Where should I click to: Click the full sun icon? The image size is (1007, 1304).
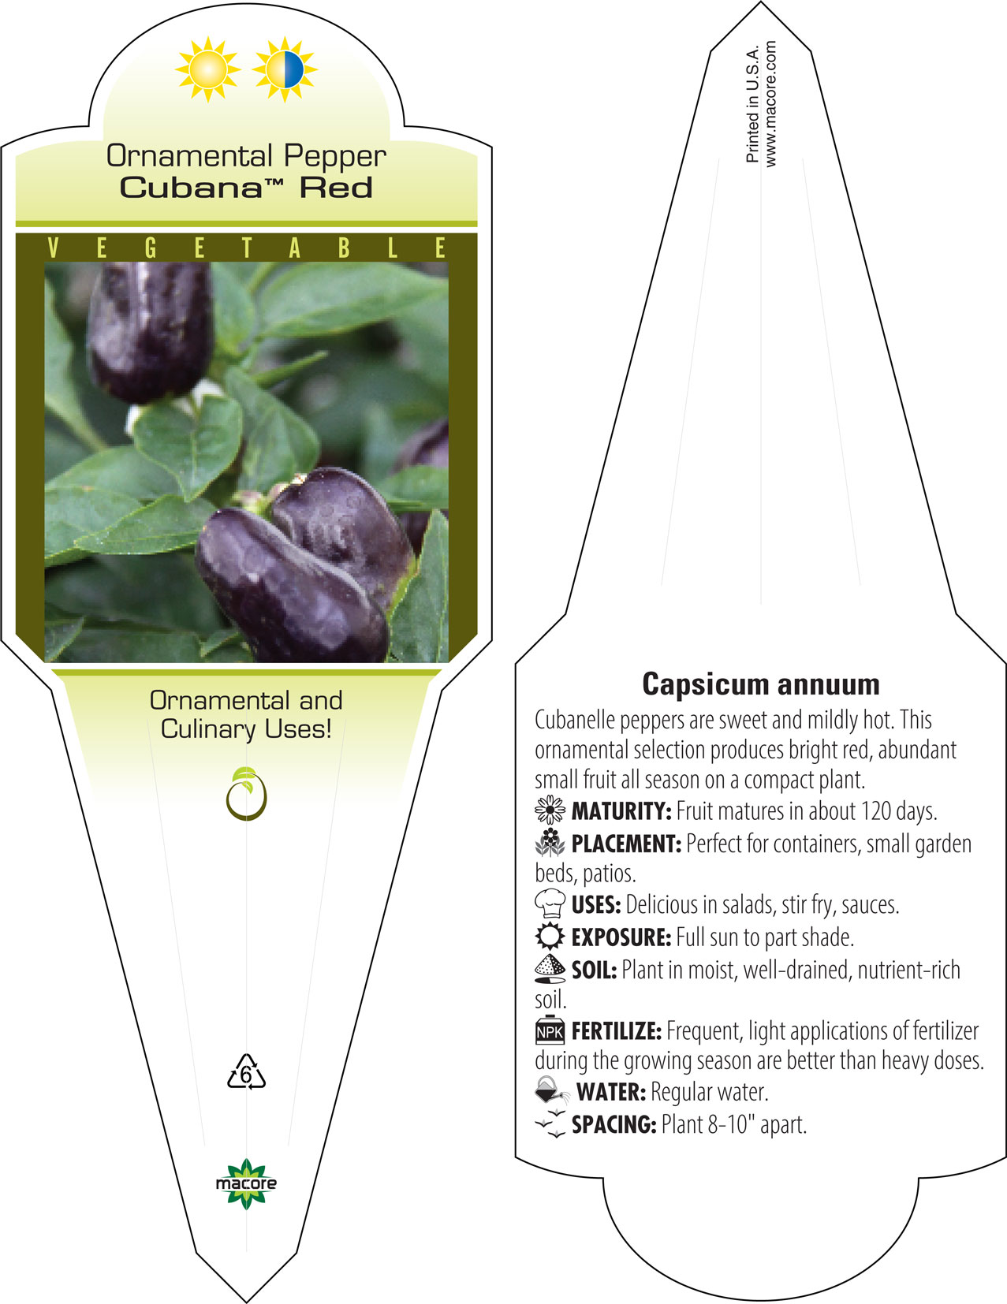[207, 69]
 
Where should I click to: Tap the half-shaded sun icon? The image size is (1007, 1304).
[285, 69]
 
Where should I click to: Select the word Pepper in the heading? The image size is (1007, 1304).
[335, 157]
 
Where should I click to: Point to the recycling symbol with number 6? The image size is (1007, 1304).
[246, 1071]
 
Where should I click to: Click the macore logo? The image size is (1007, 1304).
[246, 1184]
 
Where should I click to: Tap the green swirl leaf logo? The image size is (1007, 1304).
[246, 793]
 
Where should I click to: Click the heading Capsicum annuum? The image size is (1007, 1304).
[761, 684]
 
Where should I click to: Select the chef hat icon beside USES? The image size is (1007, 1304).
[550, 903]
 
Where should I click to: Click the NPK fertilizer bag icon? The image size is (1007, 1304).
[550, 1030]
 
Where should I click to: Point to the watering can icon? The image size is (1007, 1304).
[551, 1090]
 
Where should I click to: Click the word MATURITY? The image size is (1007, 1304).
[621, 811]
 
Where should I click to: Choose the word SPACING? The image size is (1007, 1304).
[614, 1124]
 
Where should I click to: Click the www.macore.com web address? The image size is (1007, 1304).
[770, 104]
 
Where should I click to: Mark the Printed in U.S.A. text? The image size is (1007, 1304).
[752, 104]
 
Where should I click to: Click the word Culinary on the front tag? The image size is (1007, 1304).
[207, 730]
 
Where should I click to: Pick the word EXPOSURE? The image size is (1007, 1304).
[621, 937]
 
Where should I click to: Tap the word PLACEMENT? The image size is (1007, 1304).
[626, 844]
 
